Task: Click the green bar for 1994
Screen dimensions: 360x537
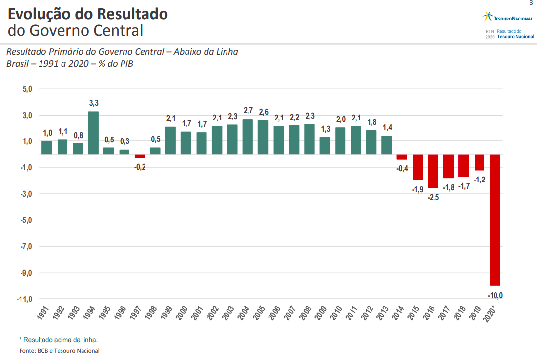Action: click(x=93, y=133)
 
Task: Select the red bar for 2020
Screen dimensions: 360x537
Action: click(x=495, y=220)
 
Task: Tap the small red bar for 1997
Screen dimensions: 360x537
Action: click(x=140, y=156)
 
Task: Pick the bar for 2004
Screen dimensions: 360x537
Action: click(x=248, y=137)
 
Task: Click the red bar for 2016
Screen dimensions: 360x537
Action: click(x=433, y=171)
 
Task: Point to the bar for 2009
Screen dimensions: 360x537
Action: click(x=325, y=145)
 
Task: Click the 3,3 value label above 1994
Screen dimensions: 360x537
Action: click(x=94, y=103)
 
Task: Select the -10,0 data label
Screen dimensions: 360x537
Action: click(x=495, y=295)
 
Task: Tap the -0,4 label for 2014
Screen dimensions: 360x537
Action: click(x=402, y=168)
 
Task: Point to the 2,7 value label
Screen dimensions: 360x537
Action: click(x=248, y=111)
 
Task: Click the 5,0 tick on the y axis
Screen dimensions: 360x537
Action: click(x=27, y=89)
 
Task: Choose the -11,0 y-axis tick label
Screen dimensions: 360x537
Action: click(x=25, y=299)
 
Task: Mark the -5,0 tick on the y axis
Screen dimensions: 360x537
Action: click(x=26, y=220)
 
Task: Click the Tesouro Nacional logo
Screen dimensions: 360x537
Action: click(x=508, y=18)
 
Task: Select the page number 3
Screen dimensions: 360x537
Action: click(x=531, y=3)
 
